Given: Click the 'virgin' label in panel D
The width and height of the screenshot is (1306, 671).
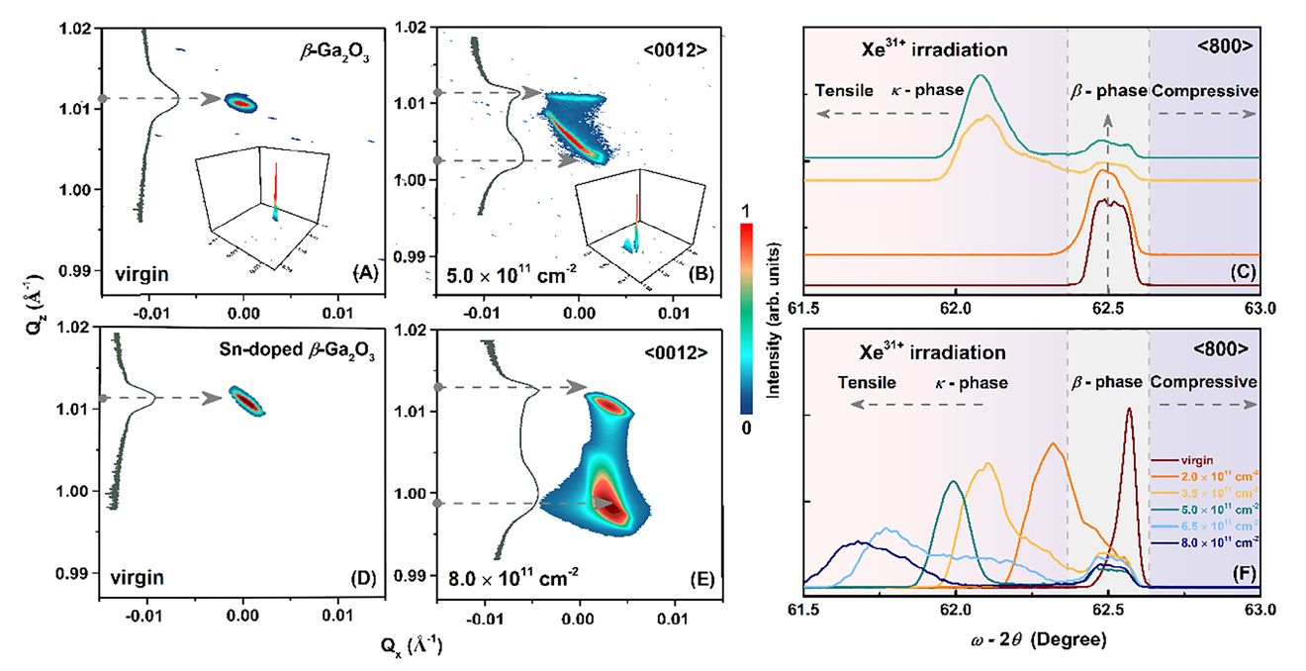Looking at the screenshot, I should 137,572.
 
